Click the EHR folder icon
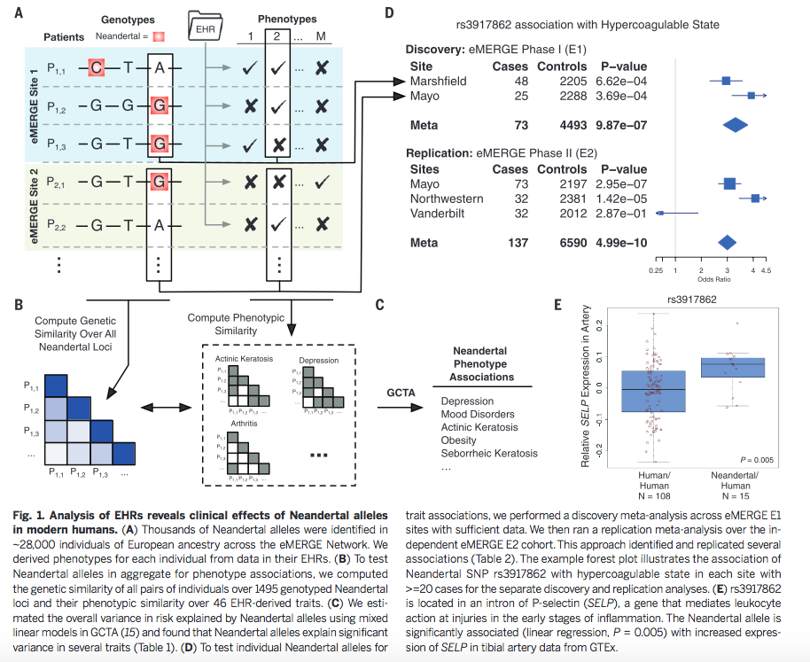205,27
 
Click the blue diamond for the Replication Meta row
727,242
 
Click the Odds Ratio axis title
713,280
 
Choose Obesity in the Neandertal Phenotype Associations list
459,440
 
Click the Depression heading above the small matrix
318,361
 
